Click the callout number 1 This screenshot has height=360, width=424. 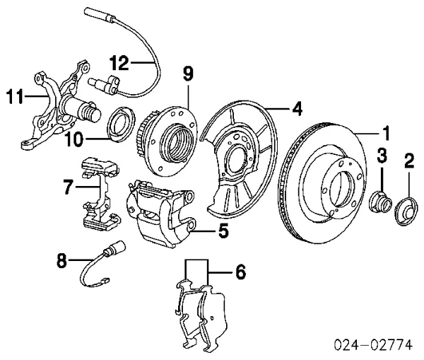coord(386,132)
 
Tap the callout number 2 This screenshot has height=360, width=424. coord(408,162)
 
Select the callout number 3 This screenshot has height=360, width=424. coord(381,155)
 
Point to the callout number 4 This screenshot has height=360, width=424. coord(298,108)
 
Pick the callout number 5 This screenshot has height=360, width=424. coord(222,230)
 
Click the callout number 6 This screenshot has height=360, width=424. coord(240,270)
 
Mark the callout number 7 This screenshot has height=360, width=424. coord(68,187)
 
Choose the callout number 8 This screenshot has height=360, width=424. coord(63,261)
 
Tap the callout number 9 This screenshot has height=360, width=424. coord(187,72)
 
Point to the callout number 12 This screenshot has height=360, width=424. coord(120,64)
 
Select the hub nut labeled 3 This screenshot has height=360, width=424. coord(380,203)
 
